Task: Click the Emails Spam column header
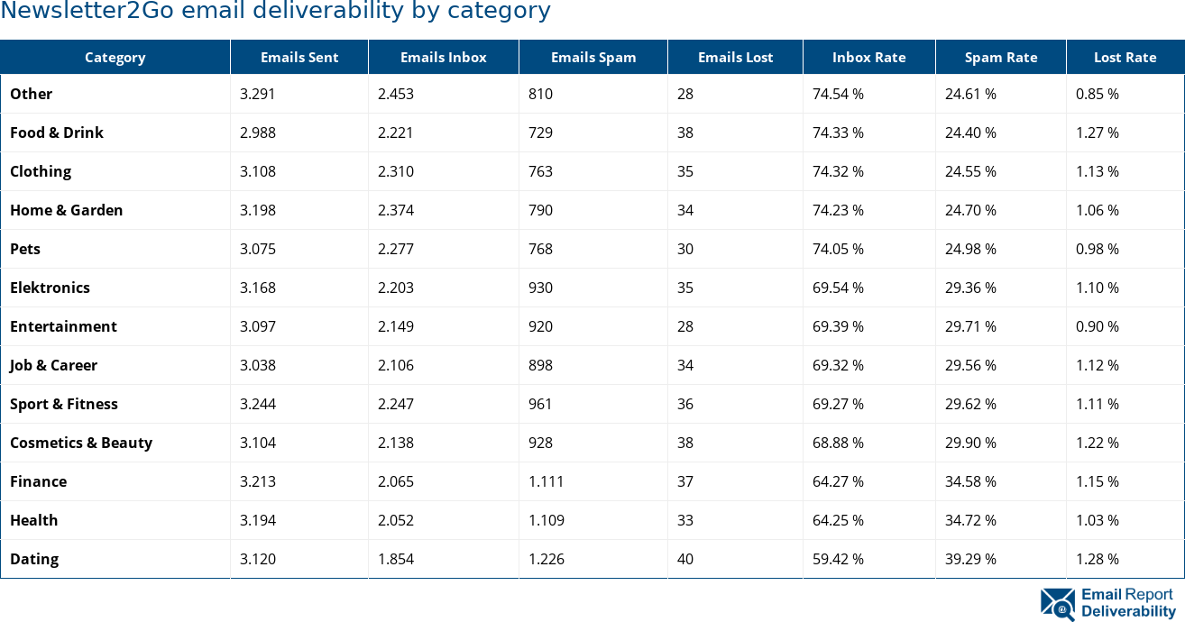click(x=592, y=58)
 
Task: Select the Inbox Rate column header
click(x=868, y=58)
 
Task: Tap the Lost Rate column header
click(x=1125, y=58)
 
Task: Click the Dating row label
click(x=34, y=559)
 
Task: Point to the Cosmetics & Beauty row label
click(x=81, y=443)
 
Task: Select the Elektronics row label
click(x=50, y=288)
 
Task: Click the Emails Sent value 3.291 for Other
click(x=258, y=94)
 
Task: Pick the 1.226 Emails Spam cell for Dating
click(x=547, y=559)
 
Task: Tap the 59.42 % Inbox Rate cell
click(x=838, y=559)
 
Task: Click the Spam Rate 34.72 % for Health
click(x=970, y=520)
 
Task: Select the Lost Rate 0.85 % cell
click(x=1097, y=94)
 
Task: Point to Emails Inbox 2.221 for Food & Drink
click(x=396, y=133)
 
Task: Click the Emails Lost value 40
click(x=685, y=559)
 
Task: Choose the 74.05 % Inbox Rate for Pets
click(x=838, y=249)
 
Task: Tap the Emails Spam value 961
click(x=540, y=404)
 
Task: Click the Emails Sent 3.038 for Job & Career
click(x=258, y=365)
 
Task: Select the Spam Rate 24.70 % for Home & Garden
click(x=970, y=210)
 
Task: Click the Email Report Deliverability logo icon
click(x=1058, y=604)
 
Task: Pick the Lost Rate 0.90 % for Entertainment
click(x=1097, y=326)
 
